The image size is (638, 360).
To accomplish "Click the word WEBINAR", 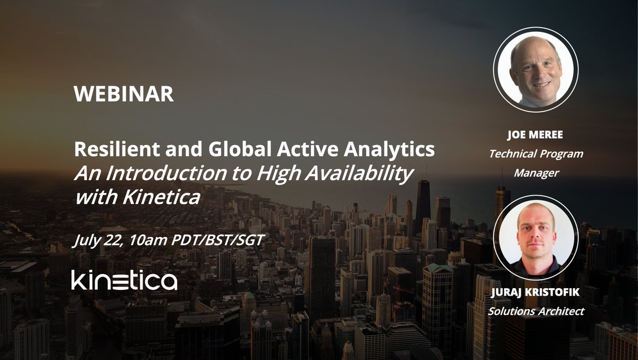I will click(124, 95).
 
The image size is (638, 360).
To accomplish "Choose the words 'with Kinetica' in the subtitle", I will click(138, 197).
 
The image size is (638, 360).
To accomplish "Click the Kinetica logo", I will click(124, 280).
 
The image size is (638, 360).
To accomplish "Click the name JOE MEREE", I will click(535, 135).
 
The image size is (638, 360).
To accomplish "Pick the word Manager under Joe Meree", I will click(535, 173).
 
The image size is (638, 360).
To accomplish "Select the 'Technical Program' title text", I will click(535, 154).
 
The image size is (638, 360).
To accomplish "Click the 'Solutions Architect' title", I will click(535, 311).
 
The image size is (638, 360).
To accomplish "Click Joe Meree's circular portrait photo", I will click(535, 69).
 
